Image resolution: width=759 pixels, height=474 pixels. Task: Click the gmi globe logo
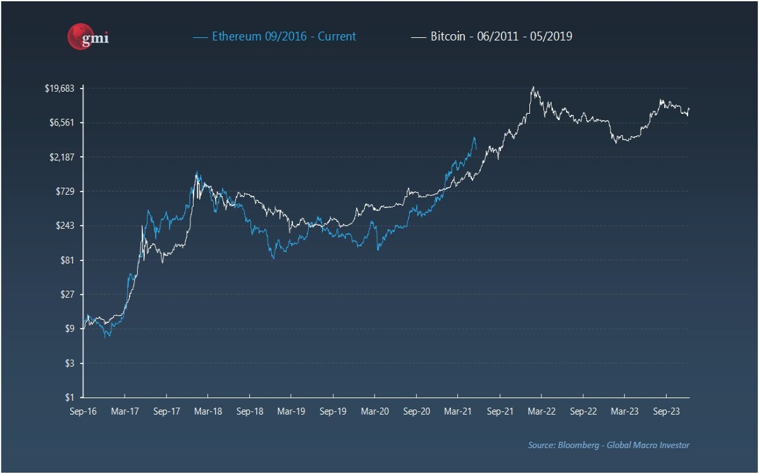[88, 37]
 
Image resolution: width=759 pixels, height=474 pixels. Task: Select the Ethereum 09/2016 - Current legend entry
[275, 36]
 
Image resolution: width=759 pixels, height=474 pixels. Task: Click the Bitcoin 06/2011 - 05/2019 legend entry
[491, 36]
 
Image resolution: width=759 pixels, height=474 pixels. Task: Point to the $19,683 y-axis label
[59, 88]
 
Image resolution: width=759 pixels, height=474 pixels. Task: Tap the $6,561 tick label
[61, 123]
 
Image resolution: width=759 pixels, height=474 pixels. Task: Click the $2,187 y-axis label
[61, 157]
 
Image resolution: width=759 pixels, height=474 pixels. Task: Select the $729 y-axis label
[65, 191]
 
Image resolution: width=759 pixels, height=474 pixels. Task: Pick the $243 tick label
[65, 226]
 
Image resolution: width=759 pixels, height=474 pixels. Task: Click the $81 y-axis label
[67, 260]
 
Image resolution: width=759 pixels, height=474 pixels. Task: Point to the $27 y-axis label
[67, 295]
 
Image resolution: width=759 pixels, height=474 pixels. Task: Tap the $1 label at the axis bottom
[70, 397]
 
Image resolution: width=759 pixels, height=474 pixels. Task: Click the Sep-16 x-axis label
[83, 411]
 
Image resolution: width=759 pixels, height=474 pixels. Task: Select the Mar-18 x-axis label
[208, 411]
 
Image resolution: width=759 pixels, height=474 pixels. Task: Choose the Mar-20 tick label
[374, 411]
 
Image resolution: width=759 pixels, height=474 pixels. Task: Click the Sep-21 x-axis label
[500, 411]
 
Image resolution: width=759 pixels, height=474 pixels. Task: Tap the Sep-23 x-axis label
[667, 411]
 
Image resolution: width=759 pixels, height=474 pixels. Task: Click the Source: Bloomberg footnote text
[608, 445]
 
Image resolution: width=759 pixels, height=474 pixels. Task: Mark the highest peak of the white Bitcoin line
[533, 87]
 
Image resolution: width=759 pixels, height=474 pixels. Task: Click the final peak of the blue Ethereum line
[474, 137]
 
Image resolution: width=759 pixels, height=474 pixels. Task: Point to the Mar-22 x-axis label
[541, 411]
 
